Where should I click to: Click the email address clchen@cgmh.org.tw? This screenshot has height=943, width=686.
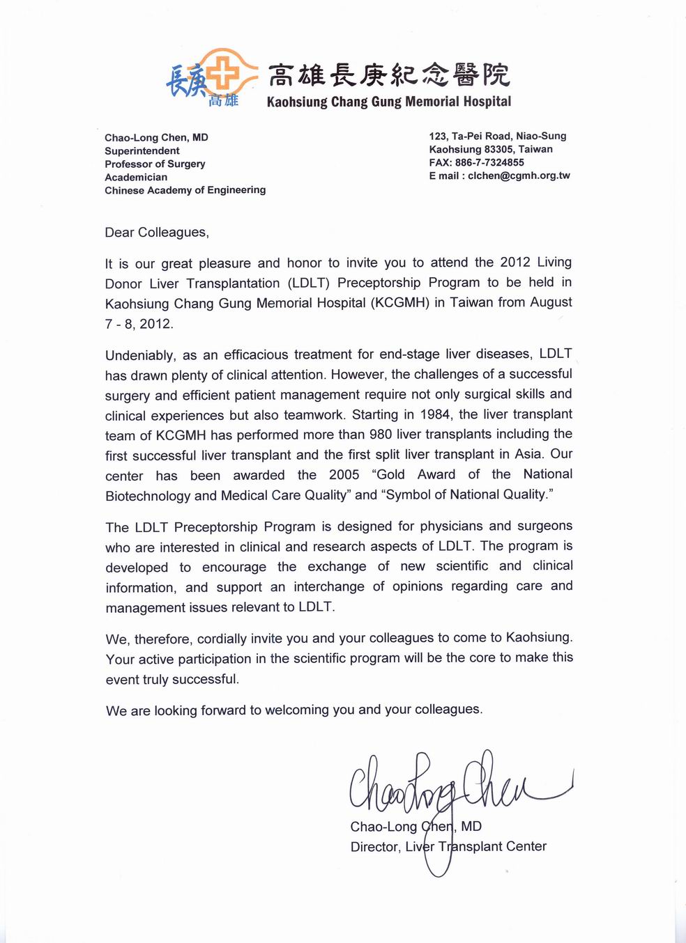click(x=519, y=176)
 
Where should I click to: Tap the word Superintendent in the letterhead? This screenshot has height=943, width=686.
click(x=142, y=151)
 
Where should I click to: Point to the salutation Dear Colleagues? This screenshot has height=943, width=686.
click(x=157, y=233)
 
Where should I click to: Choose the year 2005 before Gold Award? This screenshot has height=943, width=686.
click(x=344, y=475)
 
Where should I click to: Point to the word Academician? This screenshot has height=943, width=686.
click(x=136, y=178)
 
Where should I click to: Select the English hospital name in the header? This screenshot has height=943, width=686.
click(x=389, y=102)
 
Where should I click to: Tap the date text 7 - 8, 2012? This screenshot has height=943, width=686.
click(x=139, y=324)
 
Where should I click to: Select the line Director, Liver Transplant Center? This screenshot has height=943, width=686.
click(x=448, y=847)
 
